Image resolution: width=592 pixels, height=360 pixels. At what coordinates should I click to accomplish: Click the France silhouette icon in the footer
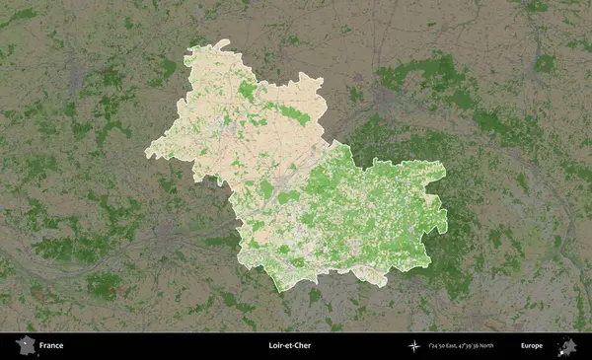coord(24,346)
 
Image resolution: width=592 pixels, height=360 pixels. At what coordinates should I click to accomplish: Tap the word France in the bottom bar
coord(52,346)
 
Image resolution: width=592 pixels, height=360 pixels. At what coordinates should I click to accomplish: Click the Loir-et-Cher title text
coord(288,346)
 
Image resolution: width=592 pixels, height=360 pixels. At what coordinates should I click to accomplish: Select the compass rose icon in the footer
coord(413,346)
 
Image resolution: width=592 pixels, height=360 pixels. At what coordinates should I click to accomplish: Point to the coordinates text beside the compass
coord(462,346)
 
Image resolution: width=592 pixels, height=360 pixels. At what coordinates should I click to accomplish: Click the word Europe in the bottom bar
coord(532,346)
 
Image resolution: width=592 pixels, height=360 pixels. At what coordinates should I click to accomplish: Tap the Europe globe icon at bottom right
coord(567,346)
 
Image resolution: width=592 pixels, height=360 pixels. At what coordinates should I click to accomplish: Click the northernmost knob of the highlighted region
coord(224,43)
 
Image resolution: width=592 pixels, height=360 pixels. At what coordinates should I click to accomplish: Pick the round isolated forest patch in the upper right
coord(546,63)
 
